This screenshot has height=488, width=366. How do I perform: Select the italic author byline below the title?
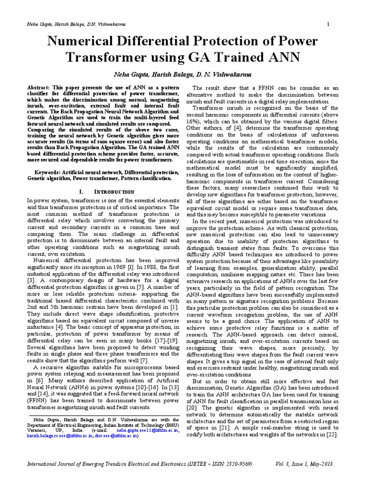point(183,75)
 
